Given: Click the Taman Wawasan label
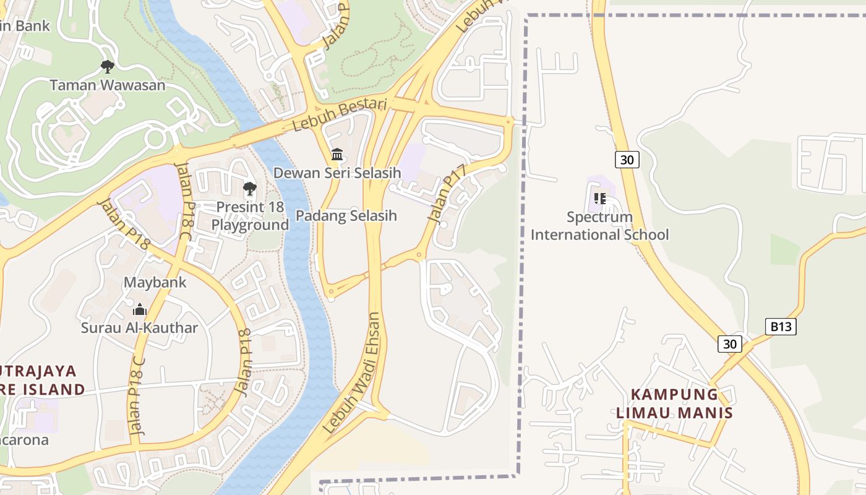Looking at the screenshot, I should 108,85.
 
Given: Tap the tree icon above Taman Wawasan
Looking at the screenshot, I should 108,66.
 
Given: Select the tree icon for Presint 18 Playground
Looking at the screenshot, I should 250,189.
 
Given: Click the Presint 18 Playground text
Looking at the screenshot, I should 250,216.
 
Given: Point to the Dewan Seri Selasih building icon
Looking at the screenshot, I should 337,154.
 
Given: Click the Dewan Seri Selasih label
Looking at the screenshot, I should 337,173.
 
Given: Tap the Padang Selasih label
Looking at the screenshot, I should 346,216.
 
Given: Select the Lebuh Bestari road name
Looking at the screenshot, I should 340,114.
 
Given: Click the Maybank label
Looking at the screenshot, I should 155,283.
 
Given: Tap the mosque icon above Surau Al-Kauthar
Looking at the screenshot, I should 140,309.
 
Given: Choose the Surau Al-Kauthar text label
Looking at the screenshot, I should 140,328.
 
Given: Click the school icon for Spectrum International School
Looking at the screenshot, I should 599,199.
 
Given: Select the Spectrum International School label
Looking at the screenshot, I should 599,226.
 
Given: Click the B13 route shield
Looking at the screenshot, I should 780,327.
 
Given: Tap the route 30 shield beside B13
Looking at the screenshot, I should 730,343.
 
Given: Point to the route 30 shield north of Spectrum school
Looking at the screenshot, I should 627,160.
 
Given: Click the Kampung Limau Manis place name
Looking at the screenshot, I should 674,403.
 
